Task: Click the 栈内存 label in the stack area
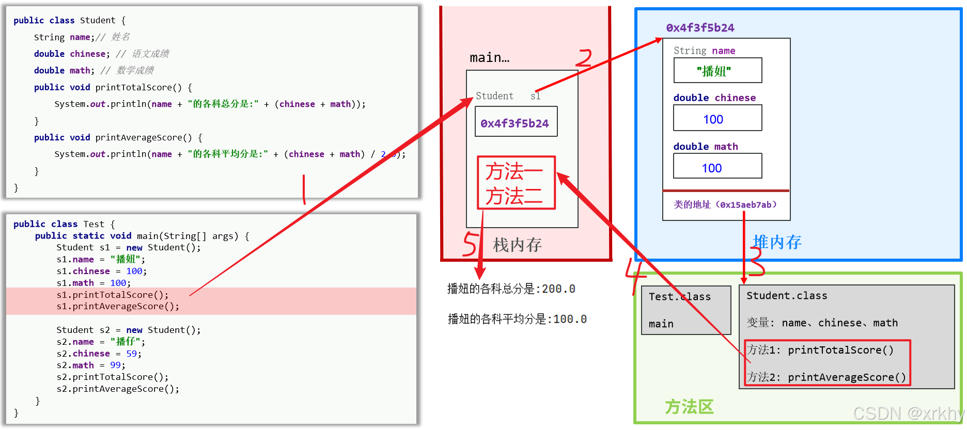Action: click(x=517, y=245)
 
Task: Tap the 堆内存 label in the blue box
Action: click(x=776, y=242)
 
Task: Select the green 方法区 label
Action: click(x=689, y=407)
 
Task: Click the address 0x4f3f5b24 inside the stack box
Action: click(x=515, y=123)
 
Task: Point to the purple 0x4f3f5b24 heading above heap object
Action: click(x=700, y=28)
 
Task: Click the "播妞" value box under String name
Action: click(x=717, y=71)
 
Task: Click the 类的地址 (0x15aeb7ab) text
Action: click(x=725, y=205)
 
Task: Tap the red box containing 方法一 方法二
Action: click(x=516, y=183)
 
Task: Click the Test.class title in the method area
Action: click(x=679, y=297)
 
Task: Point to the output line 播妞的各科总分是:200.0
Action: click(x=511, y=289)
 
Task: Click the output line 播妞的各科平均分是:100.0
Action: click(x=517, y=320)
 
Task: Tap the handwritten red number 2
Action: click(x=584, y=58)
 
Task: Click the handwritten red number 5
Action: click(x=470, y=244)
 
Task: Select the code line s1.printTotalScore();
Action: click(x=112, y=295)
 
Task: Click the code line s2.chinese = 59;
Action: click(x=99, y=354)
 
